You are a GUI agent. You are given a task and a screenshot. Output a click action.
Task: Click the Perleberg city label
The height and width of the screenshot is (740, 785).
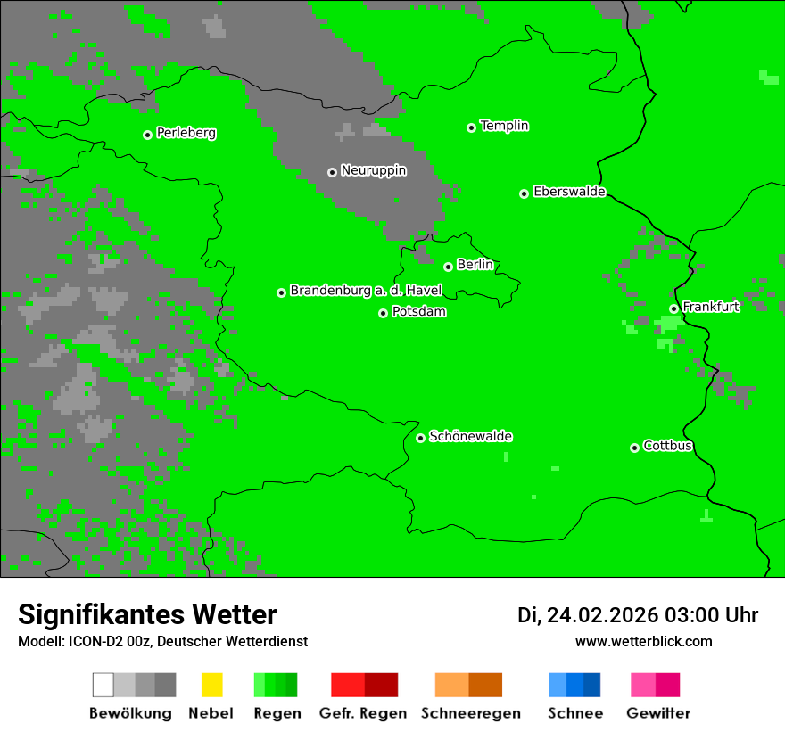coord(186,133)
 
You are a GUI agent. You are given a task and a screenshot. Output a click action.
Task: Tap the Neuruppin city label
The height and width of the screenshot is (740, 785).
coord(373,170)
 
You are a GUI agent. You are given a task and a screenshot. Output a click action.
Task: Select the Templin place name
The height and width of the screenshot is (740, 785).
coord(504,126)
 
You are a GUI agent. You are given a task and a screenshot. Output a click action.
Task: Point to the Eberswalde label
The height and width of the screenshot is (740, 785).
coord(569,192)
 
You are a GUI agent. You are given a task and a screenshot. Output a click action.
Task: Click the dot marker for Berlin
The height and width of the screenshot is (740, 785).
coord(448,267)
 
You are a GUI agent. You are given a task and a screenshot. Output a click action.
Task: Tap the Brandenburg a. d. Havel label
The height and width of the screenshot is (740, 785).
coord(366,291)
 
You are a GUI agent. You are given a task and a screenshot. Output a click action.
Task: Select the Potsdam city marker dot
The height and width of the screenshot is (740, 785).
coord(383,313)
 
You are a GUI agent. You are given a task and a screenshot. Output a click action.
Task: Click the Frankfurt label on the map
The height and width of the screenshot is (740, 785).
coord(711,307)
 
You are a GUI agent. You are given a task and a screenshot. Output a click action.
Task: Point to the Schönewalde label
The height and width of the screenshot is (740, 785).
coord(470,436)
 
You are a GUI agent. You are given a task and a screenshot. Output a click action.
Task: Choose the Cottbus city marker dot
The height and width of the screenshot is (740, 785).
coord(634,448)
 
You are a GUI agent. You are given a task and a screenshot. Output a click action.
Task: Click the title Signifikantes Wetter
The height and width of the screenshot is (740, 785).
coord(147,614)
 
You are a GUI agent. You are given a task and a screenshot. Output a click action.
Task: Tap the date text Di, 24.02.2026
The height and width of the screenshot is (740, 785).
coord(588,615)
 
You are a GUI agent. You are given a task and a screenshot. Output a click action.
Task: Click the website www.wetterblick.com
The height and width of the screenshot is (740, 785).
coord(643,641)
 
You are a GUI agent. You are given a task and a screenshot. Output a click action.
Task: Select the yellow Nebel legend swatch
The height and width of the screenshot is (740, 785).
coord(211,685)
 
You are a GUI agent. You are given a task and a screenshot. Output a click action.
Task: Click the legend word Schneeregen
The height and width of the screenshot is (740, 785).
coord(471,713)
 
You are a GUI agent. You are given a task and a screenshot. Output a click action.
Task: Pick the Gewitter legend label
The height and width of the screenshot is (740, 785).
coord(658,713)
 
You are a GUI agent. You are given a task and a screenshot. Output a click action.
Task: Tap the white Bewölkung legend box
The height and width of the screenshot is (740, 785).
coord(103,685)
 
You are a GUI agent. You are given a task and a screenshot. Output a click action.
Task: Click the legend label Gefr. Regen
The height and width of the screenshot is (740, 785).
coord(362,713)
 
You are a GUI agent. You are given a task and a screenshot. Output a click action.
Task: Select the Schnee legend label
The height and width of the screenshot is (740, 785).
coord(575,713)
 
